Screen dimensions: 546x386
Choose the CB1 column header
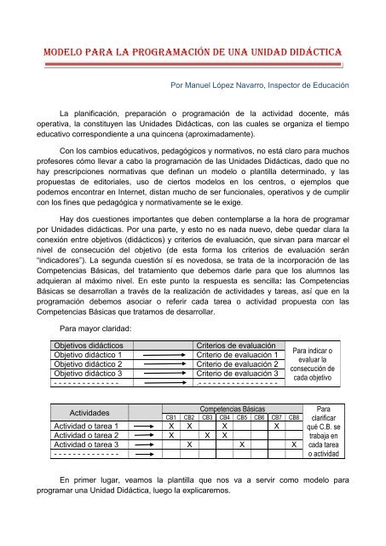171,417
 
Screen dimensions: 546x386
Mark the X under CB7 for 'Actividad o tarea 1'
276,426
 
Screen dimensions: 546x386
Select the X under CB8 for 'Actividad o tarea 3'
294,444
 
